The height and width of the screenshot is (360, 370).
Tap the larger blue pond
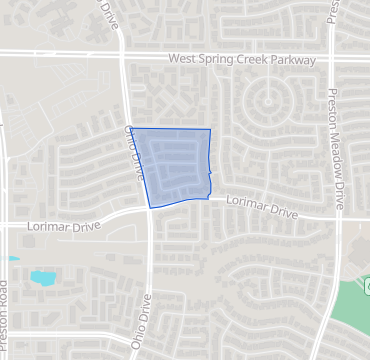click(x=43, y=276)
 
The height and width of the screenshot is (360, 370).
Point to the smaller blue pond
click(x=12, y=259)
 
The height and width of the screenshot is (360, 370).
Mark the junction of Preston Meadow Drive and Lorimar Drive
click(x=339, y=216)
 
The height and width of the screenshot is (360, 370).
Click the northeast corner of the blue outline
click(x=210, y=130)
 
